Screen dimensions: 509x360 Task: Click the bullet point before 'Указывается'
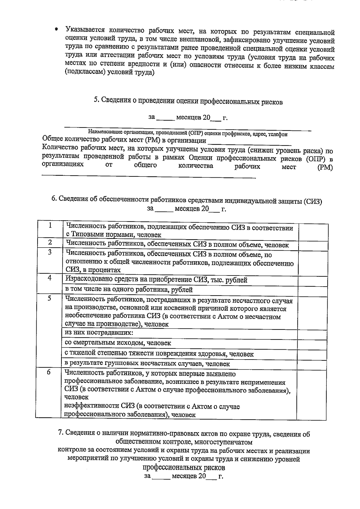(x=56, y=30)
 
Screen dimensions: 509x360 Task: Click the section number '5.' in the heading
(x=96, y=100)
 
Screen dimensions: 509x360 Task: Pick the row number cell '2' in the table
(x=50, y=242)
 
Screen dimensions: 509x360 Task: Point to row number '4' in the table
(x=50, y=278)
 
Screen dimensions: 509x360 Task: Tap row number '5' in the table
(x=49, y=298)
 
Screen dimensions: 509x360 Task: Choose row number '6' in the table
(x=49, y=372)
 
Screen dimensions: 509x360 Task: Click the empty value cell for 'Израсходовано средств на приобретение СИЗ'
(x=313, y=280)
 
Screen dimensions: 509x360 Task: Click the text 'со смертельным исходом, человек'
(x=118, y=343)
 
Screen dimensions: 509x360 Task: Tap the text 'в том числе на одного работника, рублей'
(x=129, y=290)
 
